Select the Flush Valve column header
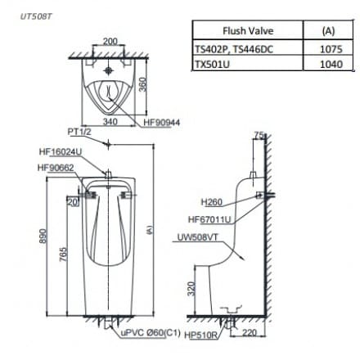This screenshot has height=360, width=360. [247, 31]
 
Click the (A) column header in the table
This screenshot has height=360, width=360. [329, 31]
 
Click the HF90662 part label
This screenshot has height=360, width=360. [56, 167]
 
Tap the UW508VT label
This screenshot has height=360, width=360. [197, 238]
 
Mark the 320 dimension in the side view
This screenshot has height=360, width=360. [188, 291]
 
